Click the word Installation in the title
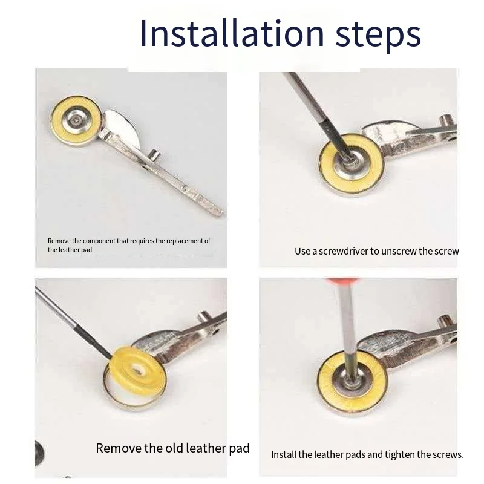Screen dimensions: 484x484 (232, 33)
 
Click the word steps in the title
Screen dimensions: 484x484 (378, 36)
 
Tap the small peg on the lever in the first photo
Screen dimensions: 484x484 (154, 154)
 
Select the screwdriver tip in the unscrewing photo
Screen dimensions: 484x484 (348, 156)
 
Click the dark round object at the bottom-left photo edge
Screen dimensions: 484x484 (39, 453)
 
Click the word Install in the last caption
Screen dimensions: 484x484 (284, 455)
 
